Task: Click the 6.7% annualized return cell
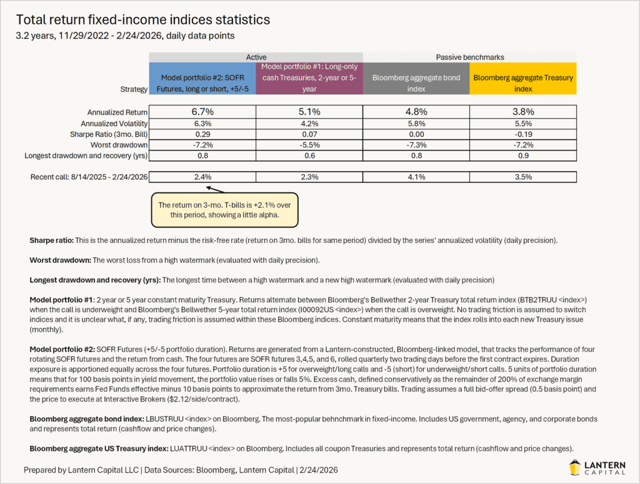tap(202, 112)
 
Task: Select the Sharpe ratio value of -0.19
tap(522, 134)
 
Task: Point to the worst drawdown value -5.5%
tap(309, 145)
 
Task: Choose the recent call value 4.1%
tap(416, 177)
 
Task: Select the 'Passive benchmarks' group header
tap(469, 57)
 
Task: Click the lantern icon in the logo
tap(576, 467)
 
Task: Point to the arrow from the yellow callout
tap(215, 189)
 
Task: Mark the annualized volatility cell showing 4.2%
tap(309, 124)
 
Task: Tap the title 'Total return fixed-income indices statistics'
tap(143, 20)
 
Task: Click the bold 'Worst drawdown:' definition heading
tap(60, 259)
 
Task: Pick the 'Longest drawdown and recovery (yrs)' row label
tap(86, 156)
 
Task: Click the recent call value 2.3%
tap(309, 177)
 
